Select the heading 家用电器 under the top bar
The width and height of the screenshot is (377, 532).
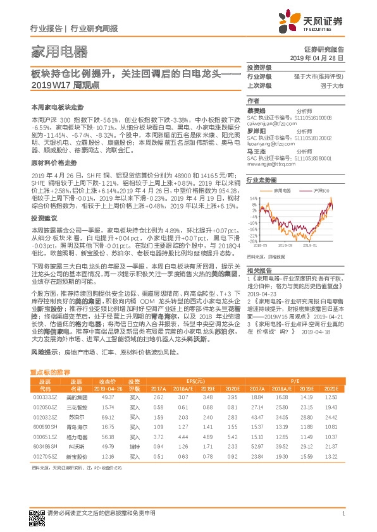click(x=59, y=52)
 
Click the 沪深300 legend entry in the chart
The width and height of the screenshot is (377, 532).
click(x=323, y=190)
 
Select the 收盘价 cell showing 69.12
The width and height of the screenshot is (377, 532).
click(x=107, y=435)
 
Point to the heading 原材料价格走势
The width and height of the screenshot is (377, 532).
click(x=52, y=162)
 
